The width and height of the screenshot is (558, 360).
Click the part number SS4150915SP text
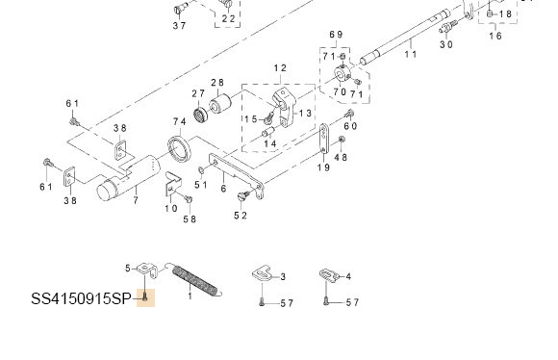(81, 298)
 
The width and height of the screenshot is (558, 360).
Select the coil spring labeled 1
(197, 280)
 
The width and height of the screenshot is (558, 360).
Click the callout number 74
(180, 122)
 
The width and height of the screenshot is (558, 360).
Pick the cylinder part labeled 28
(220, 102)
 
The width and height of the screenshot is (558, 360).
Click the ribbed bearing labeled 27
(201, 114)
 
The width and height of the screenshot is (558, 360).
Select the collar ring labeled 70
(342, 74)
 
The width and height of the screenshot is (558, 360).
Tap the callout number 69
(336, 35)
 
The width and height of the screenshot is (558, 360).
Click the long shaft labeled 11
(405, 38)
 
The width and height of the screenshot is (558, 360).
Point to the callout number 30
(446, 44)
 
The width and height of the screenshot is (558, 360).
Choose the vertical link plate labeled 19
(324, 139)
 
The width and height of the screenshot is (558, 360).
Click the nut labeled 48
(342, 139)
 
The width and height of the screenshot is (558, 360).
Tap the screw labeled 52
(243, 195)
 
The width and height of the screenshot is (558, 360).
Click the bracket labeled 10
(173, 184)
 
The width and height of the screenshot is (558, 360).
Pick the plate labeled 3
(263, 273)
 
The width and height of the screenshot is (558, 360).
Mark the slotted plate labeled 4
(328, 275)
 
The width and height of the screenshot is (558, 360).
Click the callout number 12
(280, 68)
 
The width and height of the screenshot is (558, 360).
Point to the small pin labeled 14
(268, 133)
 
